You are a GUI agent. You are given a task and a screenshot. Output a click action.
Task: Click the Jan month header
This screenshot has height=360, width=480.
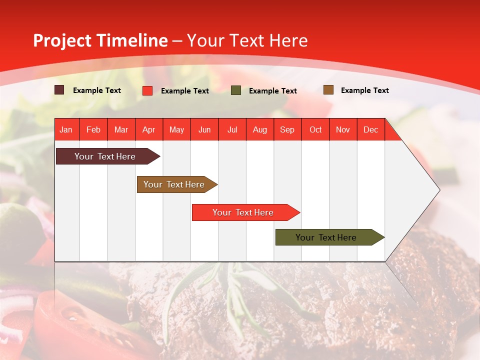click(66, 129)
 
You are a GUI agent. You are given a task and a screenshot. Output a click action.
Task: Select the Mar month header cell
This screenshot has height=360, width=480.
click(121, 129)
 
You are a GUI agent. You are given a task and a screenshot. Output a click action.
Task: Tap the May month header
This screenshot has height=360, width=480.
click(176, 129)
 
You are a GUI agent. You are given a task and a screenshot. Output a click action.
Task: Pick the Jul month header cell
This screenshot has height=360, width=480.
click(232, 129)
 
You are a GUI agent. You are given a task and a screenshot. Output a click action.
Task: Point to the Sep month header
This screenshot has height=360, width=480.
click(287, 129)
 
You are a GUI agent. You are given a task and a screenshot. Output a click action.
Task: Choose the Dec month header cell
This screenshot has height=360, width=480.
click(370, 129)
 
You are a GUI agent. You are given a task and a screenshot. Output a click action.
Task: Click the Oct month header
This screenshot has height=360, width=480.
click(315, 129)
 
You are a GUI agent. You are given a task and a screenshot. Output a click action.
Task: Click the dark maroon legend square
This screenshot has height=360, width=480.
click(59, 90)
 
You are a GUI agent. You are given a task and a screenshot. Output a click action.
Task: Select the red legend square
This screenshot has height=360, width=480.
click(147, 90)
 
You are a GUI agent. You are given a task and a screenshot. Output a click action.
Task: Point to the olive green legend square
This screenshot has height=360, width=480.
click(236, 90)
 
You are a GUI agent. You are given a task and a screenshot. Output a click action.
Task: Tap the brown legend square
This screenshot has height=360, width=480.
click(328, 90)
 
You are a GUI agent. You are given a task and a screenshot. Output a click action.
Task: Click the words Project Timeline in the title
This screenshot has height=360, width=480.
click(100, 40)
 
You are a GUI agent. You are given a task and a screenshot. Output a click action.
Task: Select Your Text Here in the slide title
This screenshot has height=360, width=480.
click(247, 40)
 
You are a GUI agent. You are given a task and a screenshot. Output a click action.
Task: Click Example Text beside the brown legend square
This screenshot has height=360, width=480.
click(364, 90)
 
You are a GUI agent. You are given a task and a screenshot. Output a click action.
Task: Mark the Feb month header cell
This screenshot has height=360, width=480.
click(93, 129)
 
